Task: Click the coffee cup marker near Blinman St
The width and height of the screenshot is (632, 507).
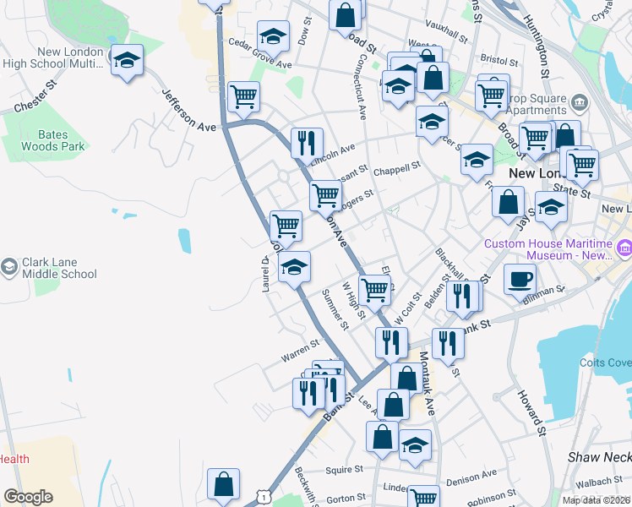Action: pos(520,279)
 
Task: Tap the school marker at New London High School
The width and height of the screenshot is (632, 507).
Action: pos(128,62)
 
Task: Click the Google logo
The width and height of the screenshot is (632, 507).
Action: pos(28,497)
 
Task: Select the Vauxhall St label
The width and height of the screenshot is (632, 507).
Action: pos(447,34)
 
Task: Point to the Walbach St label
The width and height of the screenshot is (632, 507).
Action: pos(602,482)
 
